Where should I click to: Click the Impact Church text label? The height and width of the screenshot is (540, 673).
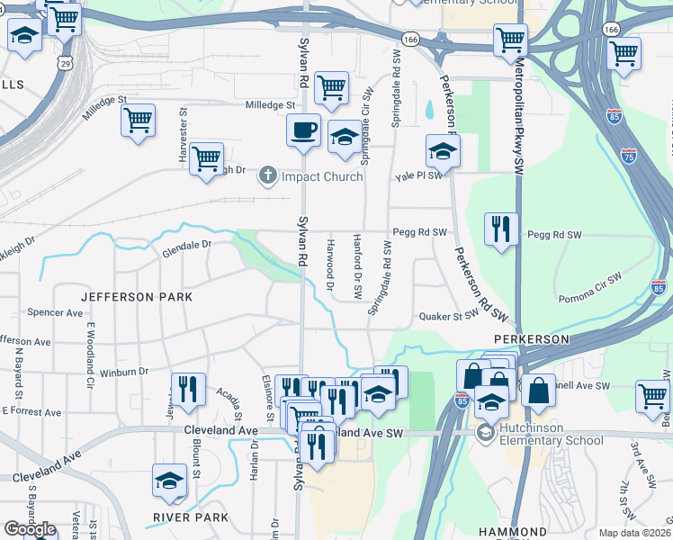click(322, 176)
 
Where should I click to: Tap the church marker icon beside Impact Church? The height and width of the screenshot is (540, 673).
click(267, 175)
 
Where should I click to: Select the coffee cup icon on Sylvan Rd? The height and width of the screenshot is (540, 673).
click(304, 130)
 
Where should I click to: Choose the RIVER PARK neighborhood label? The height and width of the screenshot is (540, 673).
click(190, 517)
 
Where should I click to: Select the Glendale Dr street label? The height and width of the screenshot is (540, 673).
click(186, 245)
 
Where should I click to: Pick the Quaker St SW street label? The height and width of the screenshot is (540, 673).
click(448, 317)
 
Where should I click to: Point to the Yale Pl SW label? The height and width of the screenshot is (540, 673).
click(419, 176)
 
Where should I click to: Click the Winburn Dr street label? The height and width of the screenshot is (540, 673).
click(123, 371)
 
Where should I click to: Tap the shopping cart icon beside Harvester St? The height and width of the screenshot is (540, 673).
click(207, 158)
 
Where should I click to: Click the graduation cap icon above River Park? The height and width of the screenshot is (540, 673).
click(169, 481)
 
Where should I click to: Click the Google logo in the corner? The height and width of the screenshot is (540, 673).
click(30, 529)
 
